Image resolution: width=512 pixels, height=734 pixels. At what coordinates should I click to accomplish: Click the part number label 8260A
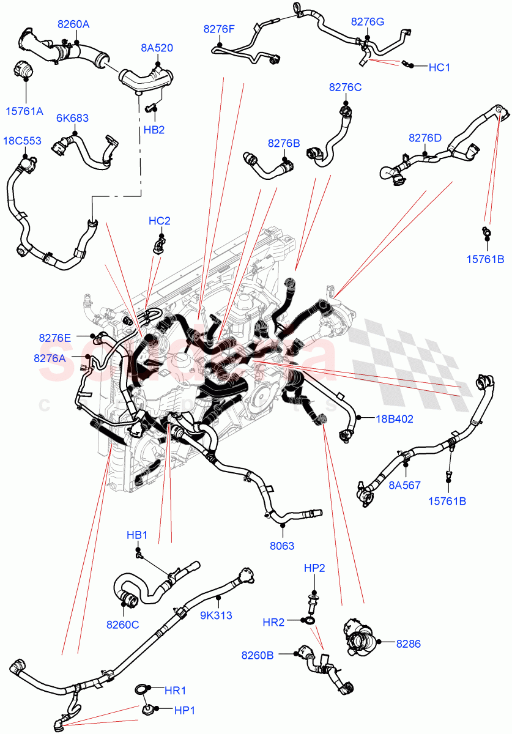73,24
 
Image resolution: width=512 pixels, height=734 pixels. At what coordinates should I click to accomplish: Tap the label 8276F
219,28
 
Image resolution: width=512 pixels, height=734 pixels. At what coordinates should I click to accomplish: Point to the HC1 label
439,67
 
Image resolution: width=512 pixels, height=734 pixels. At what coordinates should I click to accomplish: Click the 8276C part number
345,87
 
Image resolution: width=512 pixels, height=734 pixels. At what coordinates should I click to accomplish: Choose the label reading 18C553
22,141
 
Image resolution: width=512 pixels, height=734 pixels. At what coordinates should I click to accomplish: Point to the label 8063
282,546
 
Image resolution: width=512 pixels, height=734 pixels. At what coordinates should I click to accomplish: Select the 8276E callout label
54,338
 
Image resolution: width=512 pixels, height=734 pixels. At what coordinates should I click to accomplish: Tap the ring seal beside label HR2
310,621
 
